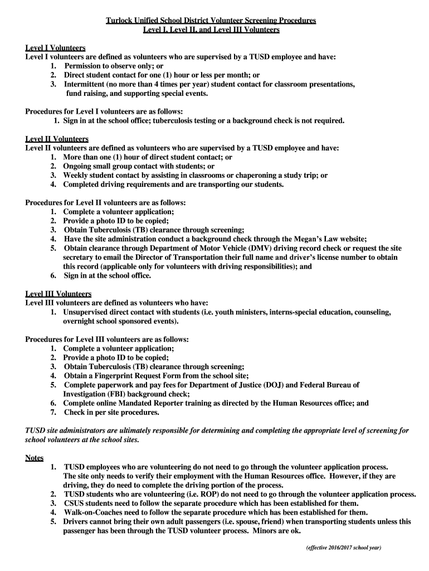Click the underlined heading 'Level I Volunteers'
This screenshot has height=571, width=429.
(55, 47)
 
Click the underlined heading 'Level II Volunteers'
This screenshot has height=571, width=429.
(57, 139)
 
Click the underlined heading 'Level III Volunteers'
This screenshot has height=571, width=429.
(58, 294)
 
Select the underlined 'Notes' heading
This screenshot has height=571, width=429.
(35, 458)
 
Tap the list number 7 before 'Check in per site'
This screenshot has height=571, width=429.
(53, 413)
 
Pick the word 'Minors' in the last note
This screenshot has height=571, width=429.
(272, 531)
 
